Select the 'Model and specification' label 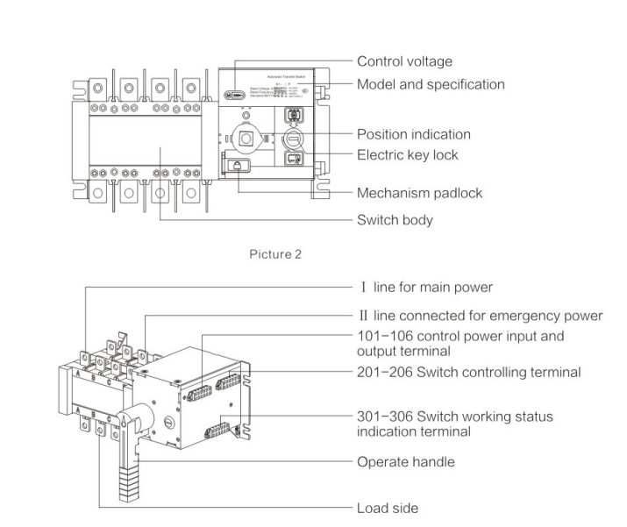[x=431, y=85]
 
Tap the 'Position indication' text [x=414, y=134]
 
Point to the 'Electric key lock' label [x=408, y=156]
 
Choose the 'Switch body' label [x=395, y=220]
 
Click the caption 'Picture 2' [x=276, y=255]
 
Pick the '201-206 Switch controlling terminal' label [x=469, y=372]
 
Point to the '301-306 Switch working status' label [x=454, y=415]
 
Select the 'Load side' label [x=387, y=507]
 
